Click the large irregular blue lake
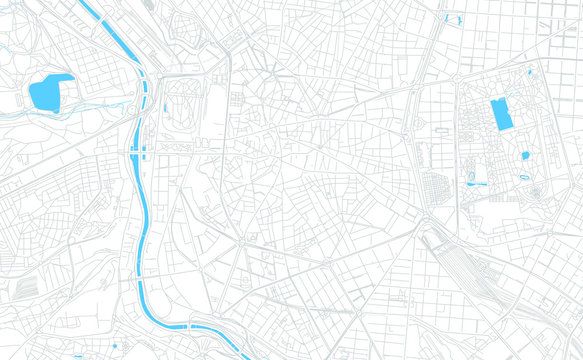click(50, 92)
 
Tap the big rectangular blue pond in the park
click(501, 114)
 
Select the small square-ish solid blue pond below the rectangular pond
click(524, 156)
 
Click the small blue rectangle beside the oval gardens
click(165, 107)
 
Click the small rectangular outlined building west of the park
click(440, 130)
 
